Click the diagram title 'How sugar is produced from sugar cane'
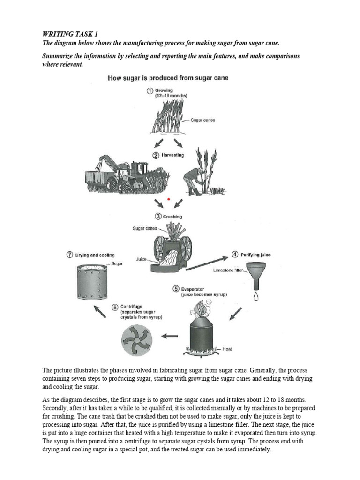(169, 78)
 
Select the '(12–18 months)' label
(172, 96)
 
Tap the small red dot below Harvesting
(168, 199)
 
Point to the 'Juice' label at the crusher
(142, 258)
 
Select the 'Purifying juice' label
(255, 255)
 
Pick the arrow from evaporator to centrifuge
(169, 336)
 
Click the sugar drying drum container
(92, 284)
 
